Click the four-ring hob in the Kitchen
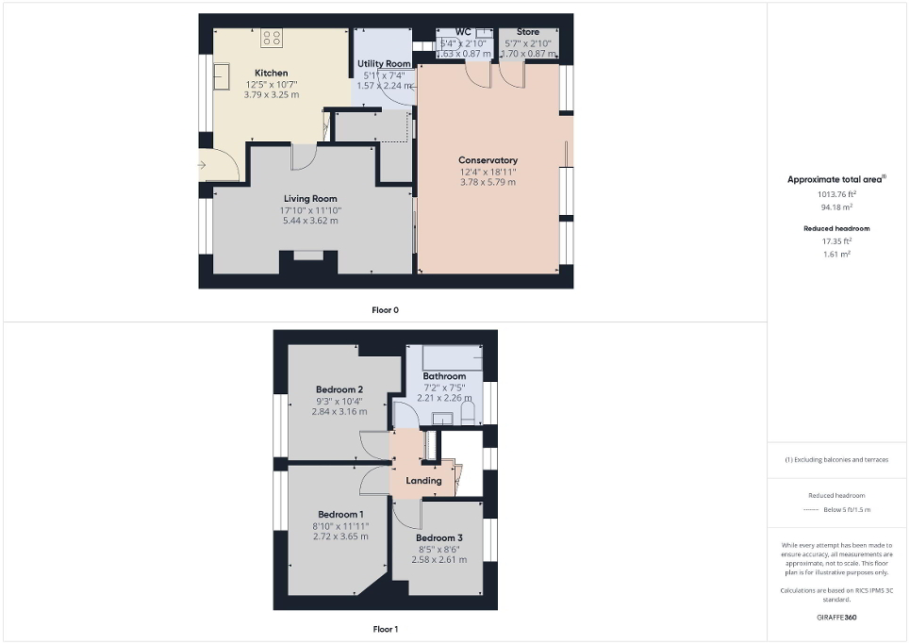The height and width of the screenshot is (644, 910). coord(272,38)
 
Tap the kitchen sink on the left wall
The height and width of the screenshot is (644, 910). coord(223,75)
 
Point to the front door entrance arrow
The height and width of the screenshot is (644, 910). coord(203,166)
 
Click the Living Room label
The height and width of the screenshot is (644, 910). coord(310,198)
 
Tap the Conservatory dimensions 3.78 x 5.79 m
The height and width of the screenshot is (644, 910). coord(488,182)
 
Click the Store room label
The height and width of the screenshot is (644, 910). coord(528,32)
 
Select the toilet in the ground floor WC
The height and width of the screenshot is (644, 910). coord(451,42)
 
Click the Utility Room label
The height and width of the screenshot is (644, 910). coord(383,63)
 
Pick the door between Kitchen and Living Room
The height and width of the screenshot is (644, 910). coord(304,157)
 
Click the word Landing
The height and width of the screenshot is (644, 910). coord(423,481)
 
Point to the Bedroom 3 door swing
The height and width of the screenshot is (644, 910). coord(407,513)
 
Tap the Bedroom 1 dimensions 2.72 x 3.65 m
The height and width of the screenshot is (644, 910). coord(340,536)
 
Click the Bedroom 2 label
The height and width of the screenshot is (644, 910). coord(339,389)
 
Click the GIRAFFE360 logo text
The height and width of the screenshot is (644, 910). coord(837,618)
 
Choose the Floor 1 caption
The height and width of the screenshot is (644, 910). coord(385,628)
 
